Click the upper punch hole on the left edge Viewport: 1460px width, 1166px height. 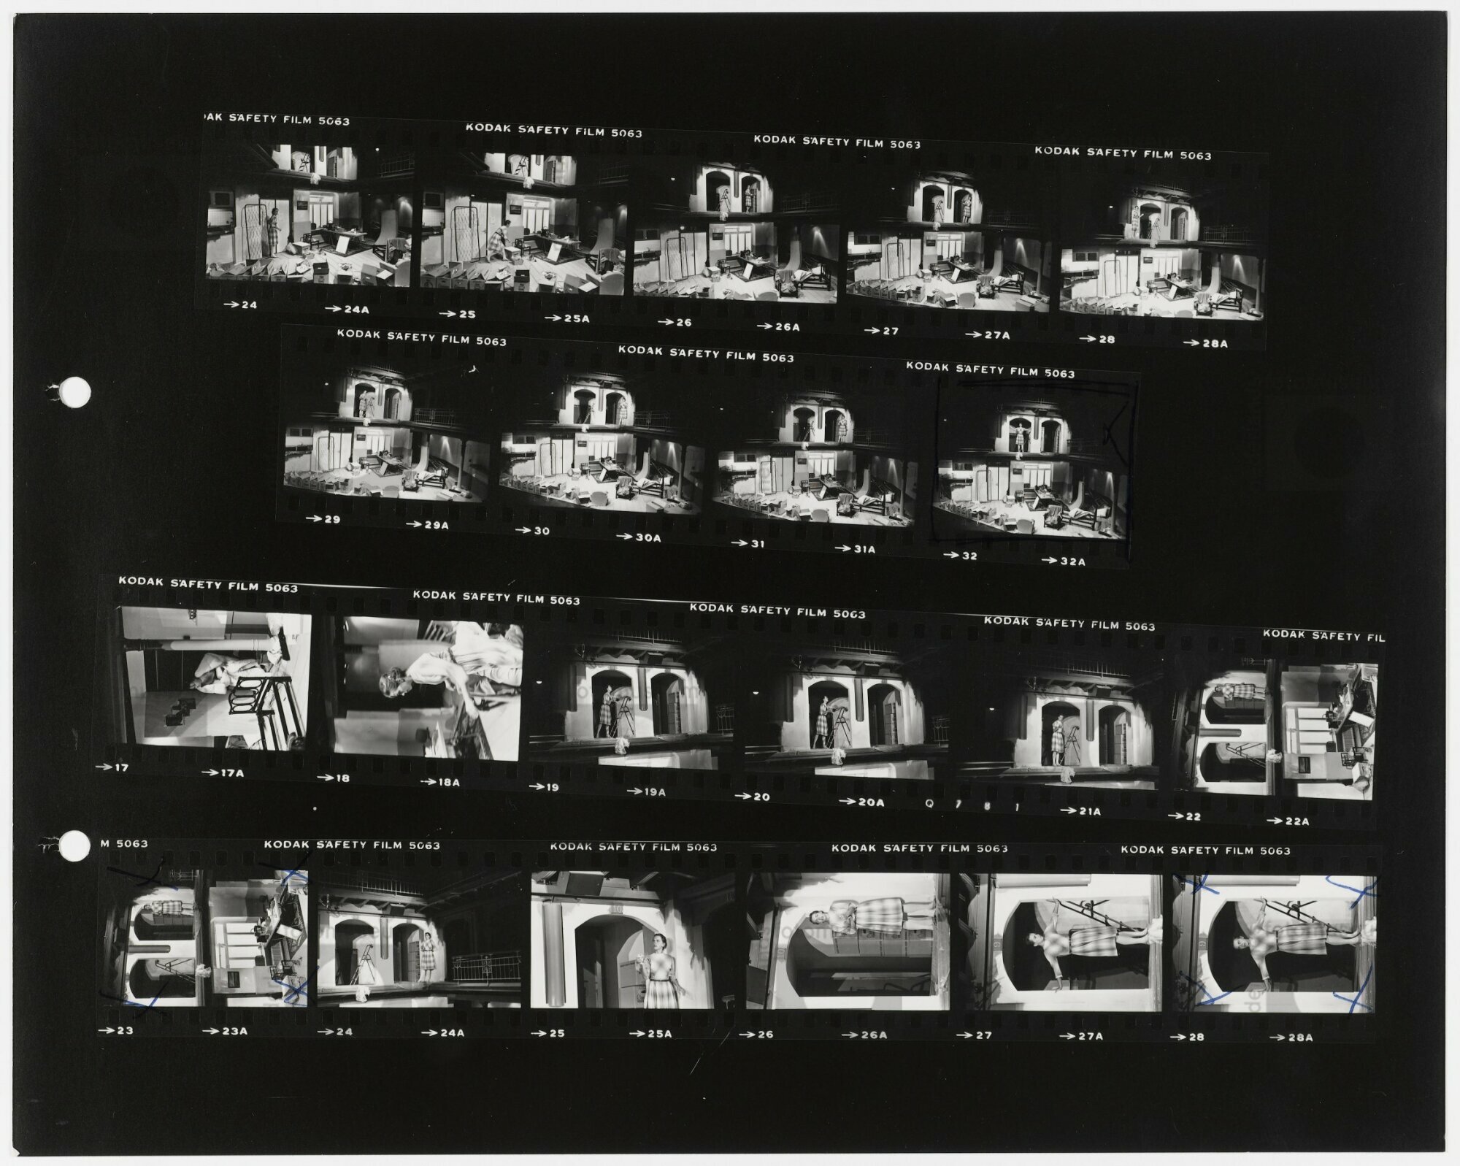74,393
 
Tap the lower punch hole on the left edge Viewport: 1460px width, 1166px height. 74,845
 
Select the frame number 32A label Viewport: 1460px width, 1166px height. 1063,561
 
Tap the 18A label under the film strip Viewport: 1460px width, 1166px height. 440,782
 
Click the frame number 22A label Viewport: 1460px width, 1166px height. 1288,821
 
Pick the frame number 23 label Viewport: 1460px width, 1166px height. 115,1030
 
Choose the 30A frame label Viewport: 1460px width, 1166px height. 639,537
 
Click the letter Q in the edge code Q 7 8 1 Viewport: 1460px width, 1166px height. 929,803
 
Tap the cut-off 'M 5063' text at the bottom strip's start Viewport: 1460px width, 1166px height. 124,843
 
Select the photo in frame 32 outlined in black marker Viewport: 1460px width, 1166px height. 1031,463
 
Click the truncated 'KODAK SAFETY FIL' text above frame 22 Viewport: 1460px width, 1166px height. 1323,635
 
